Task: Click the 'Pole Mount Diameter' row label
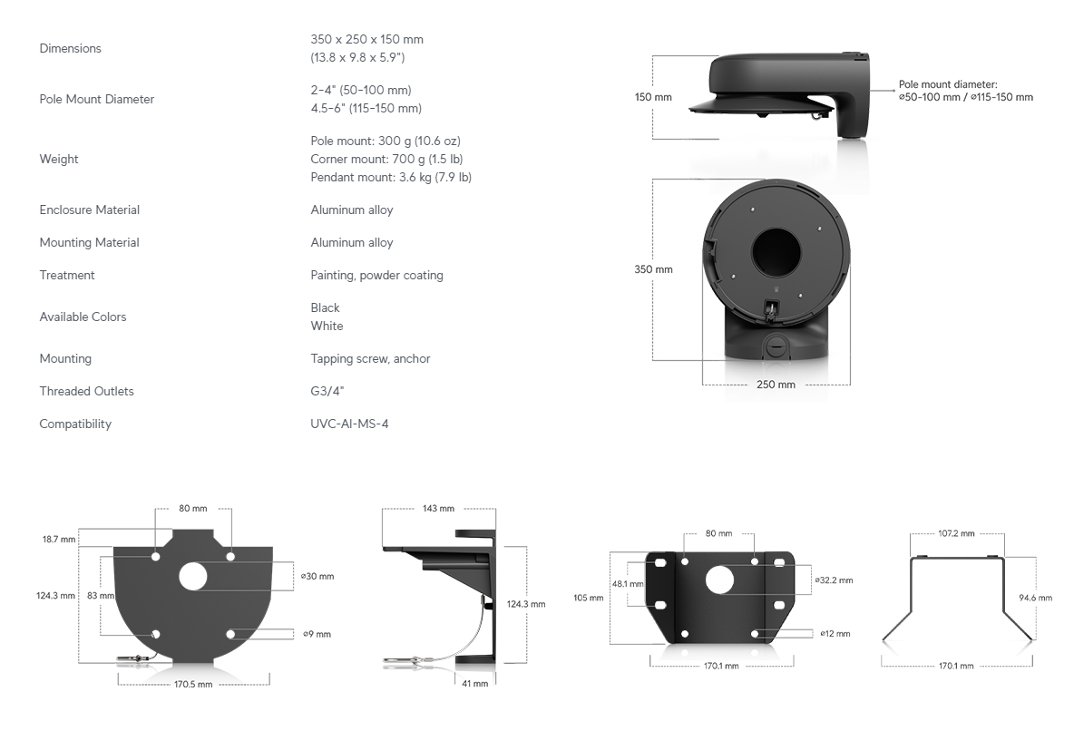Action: pos(96,100)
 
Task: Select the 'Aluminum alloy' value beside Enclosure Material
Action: pos(351,210)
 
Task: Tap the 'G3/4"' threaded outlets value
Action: pos(327,391)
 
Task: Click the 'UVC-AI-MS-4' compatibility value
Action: pos(349,424)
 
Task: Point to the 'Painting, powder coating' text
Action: pos(376,276)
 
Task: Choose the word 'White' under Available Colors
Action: pos(327,327)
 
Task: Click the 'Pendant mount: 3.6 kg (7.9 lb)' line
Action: pos(391,178)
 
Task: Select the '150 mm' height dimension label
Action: pos(653,97)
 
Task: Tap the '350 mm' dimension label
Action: pos(653,270)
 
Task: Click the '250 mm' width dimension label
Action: pos(776,385)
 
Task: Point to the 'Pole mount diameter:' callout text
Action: pos(948,85)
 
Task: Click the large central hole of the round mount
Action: pos(776,252)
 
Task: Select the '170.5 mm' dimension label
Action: pos(193,685)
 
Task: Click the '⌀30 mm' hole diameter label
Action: pos(317,577)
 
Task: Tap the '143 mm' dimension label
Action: pos(438,508)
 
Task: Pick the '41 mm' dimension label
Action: pos(475,684)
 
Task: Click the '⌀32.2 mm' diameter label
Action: pos(835,580)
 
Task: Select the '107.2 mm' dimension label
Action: pos(956,533)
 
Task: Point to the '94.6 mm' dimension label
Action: pos(1036,598)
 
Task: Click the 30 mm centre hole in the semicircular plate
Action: pos(193,577)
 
